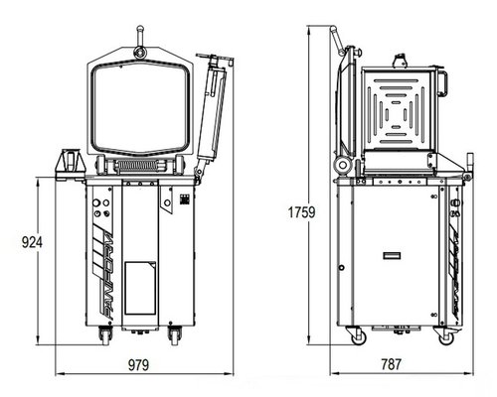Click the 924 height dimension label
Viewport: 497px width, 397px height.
[32, 242]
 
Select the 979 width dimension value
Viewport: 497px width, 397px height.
[138, 365]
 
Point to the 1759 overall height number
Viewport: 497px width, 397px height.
[301, 212]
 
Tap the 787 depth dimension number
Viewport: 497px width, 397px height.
[392, 364]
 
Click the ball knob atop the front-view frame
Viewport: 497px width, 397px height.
[140, 28]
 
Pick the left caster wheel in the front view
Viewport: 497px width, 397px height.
[104, 335]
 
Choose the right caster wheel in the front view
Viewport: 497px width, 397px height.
[175, 335]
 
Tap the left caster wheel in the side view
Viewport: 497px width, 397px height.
[357, 335]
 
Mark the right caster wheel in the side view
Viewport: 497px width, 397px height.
[445, 335]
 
